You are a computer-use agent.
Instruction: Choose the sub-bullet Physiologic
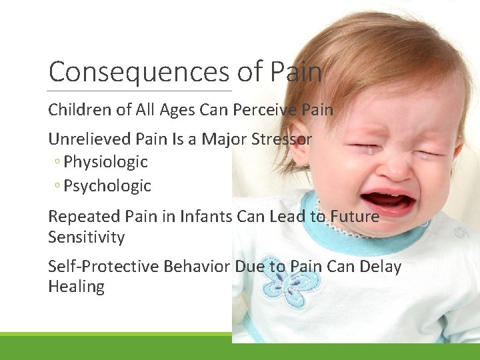pyautogui.click(x=105, y=162)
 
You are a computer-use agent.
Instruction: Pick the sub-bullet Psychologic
pyautogui.click(x=107, y=186)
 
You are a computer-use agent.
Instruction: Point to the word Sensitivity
pyautogui.click(x=86, y=237)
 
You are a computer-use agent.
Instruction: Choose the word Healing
pyautogui.click(x=76, y=287)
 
